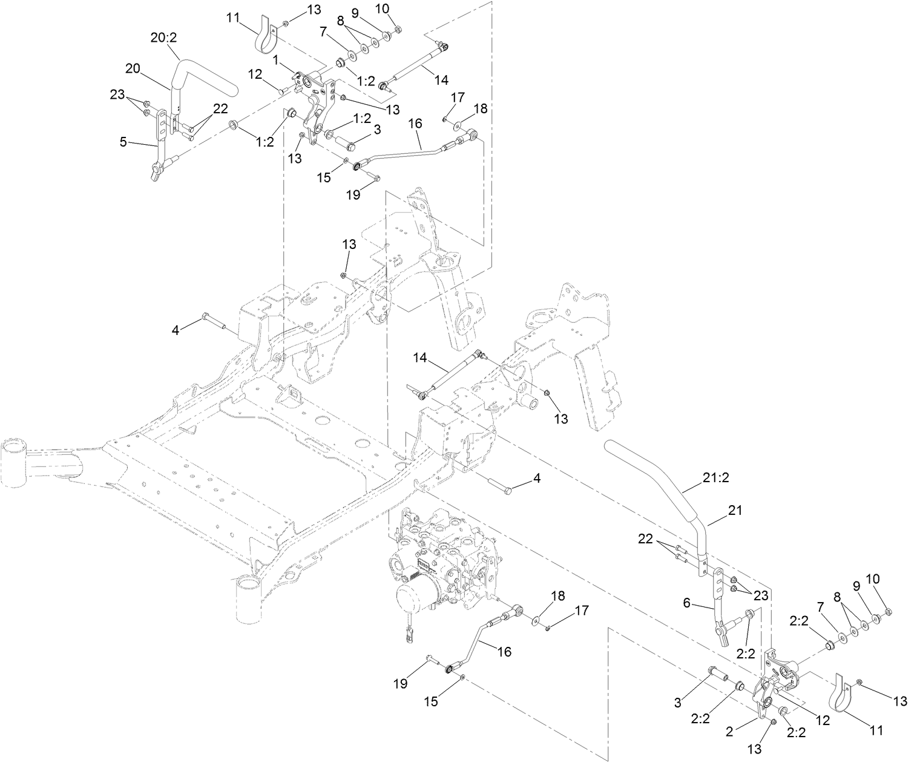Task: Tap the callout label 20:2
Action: pyautogui.click(x=163, y=38)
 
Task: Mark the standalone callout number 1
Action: pyautogui.click(x=276, y=60)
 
